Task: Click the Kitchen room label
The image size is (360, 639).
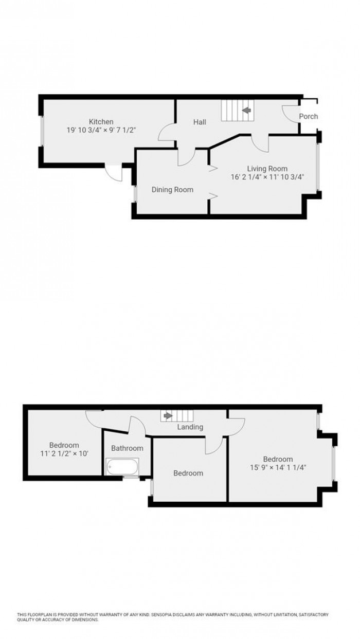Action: point(101,122)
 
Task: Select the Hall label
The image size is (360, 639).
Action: point(200,122)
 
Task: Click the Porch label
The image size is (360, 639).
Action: point(308,116)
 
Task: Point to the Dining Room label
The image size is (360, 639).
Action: point(172,190)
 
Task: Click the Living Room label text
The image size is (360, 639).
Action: point(267,169)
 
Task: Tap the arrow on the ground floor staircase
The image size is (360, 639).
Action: point(246,110)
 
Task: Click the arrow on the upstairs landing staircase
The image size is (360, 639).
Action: point(167,415)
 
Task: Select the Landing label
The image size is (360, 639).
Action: point(190,427)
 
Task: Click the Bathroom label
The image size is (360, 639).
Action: point(127,448)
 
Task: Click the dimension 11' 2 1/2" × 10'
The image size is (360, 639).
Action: point(64,454)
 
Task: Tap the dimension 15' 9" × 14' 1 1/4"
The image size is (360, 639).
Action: point(278,468)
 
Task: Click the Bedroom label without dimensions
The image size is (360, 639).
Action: point(188,473)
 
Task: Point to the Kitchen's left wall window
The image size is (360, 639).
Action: point(42,132)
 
